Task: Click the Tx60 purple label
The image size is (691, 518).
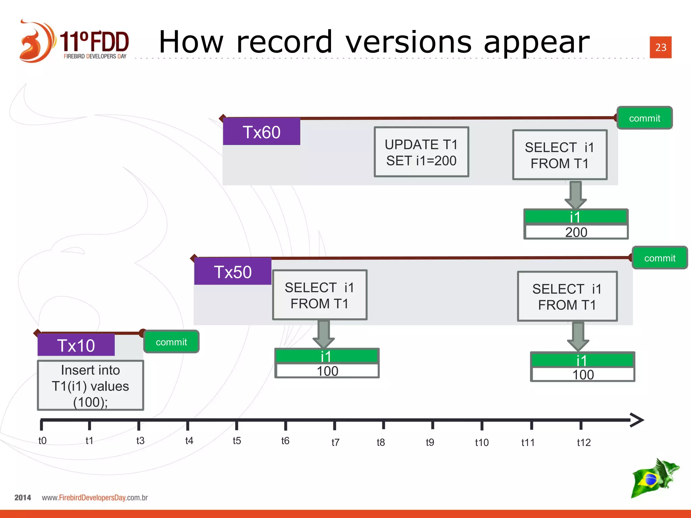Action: [x=261, y=132]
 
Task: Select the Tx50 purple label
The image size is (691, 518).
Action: [x=233, y=272]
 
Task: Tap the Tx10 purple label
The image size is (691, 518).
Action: [x=76, y=345]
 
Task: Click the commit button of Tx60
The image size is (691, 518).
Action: [x=644, y=118]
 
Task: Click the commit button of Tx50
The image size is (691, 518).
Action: [x=660, y=258]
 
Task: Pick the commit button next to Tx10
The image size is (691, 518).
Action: [x=171, y=342]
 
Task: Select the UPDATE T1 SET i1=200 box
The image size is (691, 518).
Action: [x=421, y=152]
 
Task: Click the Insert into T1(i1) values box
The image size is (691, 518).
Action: [x=90, y=385]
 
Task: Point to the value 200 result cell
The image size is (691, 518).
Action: [x=576, y=232]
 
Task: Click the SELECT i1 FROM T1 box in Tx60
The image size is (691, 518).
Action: [x=560, y=155]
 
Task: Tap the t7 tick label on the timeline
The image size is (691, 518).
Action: [x=335, y=442]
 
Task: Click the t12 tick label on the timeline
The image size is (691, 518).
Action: [x=584, y=442]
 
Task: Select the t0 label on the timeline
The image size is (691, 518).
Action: [x=43, y=440]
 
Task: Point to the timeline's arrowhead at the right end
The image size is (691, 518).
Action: [x=637, y=420]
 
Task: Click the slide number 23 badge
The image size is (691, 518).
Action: [x=661, y=47]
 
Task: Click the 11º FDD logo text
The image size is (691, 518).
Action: [x=94, y=42]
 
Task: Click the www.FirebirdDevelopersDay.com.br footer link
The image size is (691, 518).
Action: [x=95, y=497]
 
